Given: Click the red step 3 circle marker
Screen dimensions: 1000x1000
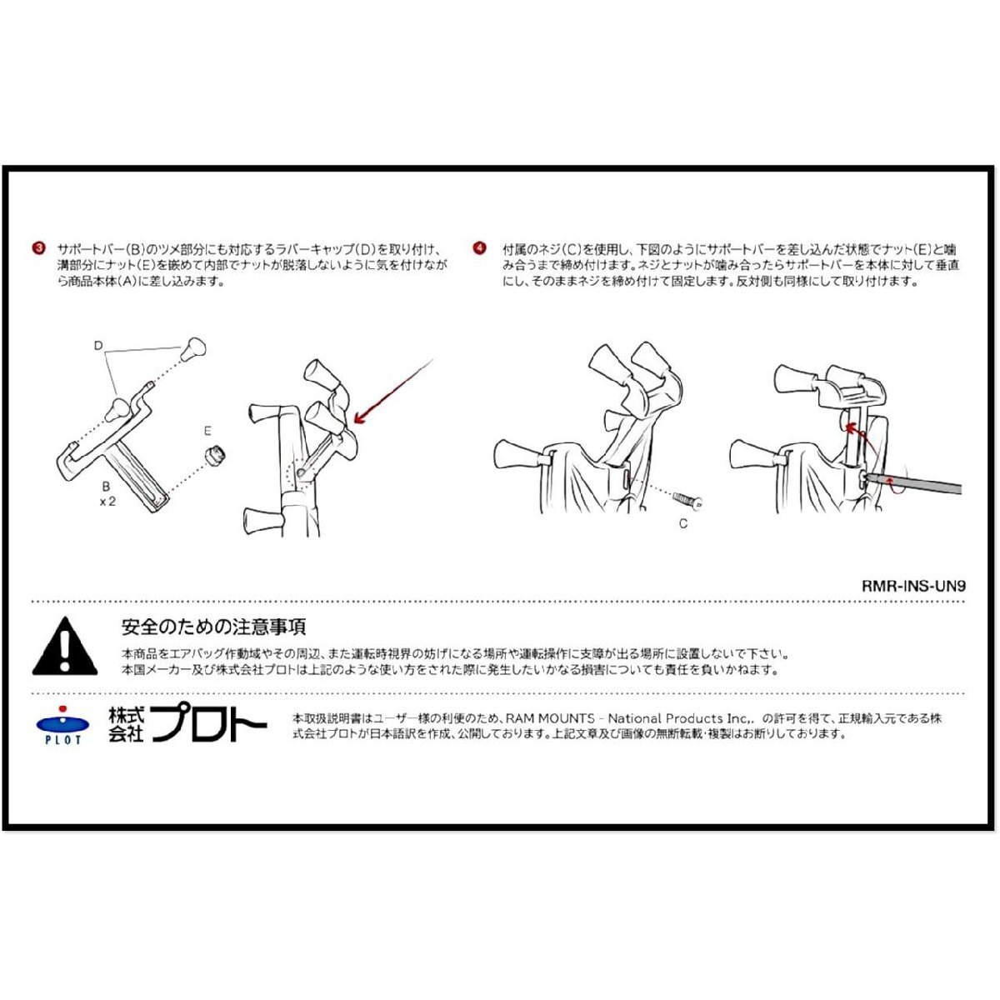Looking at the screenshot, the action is tap(38, 248).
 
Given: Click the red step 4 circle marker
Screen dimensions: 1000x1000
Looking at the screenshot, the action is tap(479, 248).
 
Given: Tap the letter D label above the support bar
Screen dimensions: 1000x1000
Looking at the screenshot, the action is tap(98, 346).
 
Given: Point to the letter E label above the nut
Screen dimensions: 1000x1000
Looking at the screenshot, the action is tap(207, 431).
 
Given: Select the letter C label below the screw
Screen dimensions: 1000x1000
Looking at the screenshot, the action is tap(683, 524).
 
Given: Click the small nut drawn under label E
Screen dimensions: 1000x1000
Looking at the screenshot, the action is tap(215, 455).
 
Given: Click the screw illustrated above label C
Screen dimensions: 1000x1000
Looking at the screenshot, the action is tap(688, 500).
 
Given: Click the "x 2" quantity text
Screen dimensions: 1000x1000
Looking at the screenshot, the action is tap(107, 502).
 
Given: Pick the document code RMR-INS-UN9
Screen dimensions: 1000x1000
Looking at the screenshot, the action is tap(913, 586).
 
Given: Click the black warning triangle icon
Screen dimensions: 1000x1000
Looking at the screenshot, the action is tap(65, 647).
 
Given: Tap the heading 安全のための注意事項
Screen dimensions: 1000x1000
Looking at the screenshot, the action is tap(213, 627).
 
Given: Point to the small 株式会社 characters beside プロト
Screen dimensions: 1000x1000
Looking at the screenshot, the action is tap(126, 725).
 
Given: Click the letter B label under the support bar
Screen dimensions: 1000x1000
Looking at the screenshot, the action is tap(106, 487).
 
